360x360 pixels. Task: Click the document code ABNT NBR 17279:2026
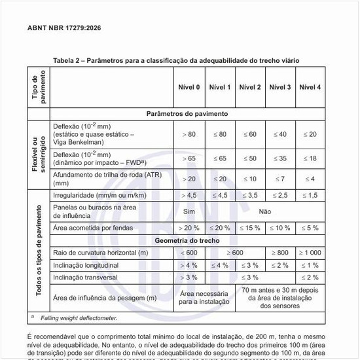pyautogui.click(x=63, y=28)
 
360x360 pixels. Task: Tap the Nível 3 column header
pyautogui.click(x=279, y=87)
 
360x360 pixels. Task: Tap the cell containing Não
pyautogui.click(x=264, y=211)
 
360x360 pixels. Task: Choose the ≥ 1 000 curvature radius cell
pyautogui.click(x=310, y=253)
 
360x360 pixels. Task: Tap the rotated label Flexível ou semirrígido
pyautogui.click(x=37, y=152)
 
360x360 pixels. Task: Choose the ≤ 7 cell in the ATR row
pyautogui.click(x=279, y=179)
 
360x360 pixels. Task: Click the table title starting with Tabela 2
pyautogui.click(x=177, y=60)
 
